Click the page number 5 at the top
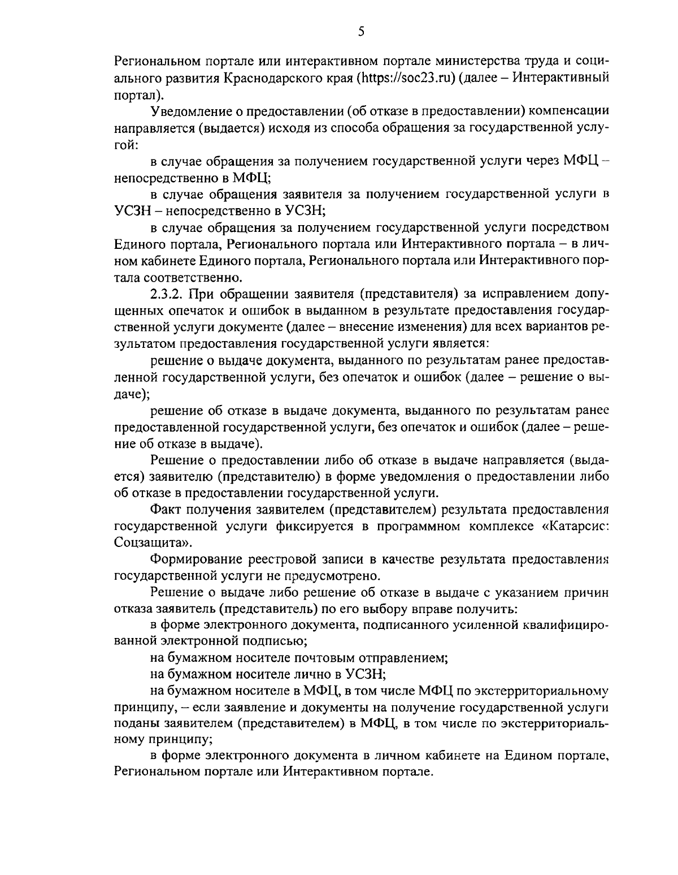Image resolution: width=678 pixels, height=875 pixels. click(x=361, y=32)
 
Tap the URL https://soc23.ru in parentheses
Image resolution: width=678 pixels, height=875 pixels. click(x=406, y=77)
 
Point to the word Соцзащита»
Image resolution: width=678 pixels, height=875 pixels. click(x=152, y=543)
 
